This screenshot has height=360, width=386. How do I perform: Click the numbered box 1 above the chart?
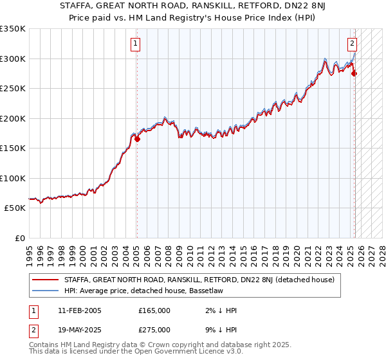point(136,44)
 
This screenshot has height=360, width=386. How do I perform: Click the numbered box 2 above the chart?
point(353,44)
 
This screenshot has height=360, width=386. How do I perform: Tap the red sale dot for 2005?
point(137,139)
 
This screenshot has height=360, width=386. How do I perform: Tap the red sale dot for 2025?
point(354,74)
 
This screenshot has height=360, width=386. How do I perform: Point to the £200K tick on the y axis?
point(13,118)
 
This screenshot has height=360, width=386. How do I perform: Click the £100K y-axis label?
point(13,178)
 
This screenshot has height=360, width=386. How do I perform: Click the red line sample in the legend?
point(46,280)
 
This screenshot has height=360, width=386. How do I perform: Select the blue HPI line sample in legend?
point(46,291)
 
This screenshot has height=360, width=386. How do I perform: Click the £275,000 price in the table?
point(154,329)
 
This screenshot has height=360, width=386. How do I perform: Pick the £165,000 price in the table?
point(154,310)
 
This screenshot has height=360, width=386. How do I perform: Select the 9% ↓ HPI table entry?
point(219,329)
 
